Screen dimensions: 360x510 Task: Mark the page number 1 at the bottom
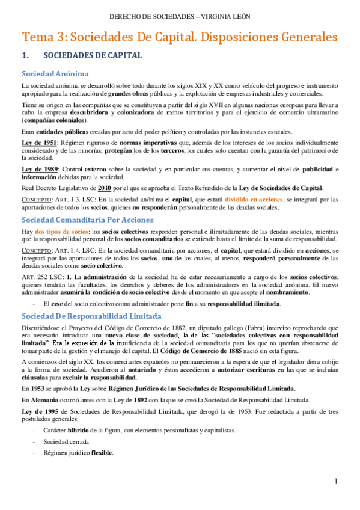click(338, 482)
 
